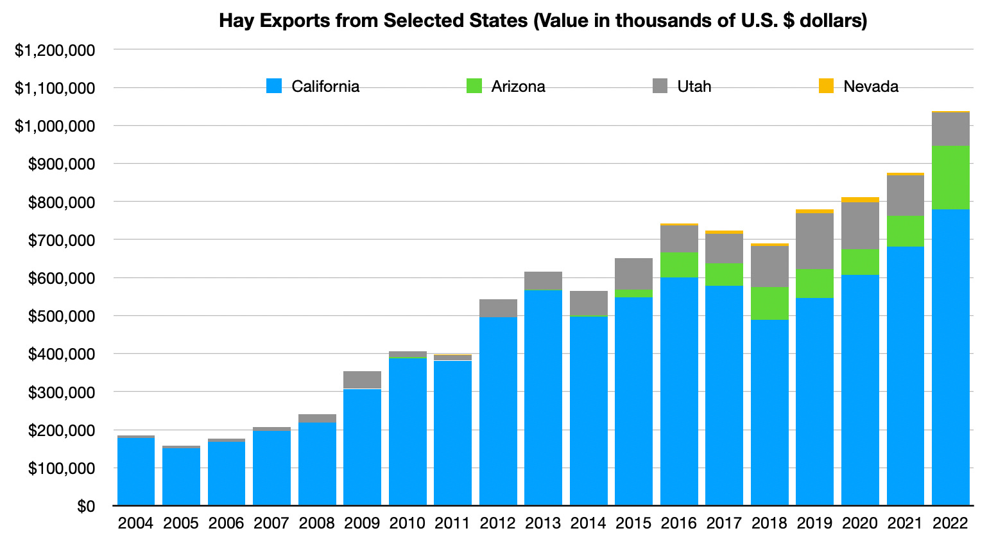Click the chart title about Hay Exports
point(543,21)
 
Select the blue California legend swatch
point(274,86)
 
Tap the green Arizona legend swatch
point(474,86)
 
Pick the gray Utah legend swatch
point(660,86)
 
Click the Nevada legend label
point(870,87)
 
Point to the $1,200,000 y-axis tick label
point(55,50)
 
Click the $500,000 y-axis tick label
point(60,316)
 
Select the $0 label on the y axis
point(86,507)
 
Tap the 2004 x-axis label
point(135,523)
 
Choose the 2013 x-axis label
point(543,523)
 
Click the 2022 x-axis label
point(950,523)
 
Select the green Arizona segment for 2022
point(950,177)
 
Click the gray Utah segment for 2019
point(814,241)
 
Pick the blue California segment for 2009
point(362,447)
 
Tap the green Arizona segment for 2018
point(769,303)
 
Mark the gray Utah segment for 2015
point(633,274)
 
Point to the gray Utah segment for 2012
point(498,308)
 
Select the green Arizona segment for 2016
point(679,265)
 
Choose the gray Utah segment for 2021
point(905,195)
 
